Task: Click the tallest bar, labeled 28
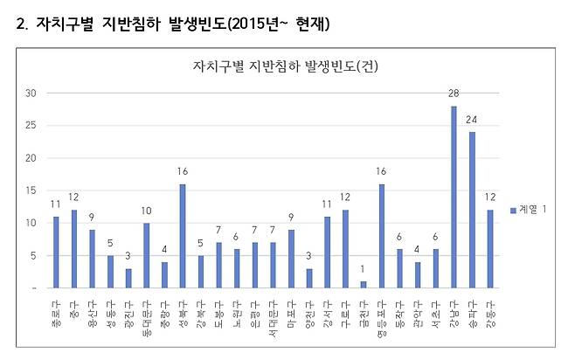454,197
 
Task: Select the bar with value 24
472,211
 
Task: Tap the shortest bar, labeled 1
363,284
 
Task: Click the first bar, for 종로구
56,253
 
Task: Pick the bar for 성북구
182,236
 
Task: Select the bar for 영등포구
381,236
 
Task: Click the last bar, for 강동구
490,249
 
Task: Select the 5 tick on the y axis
32,255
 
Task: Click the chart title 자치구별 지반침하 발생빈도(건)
285,66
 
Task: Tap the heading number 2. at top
23,24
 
